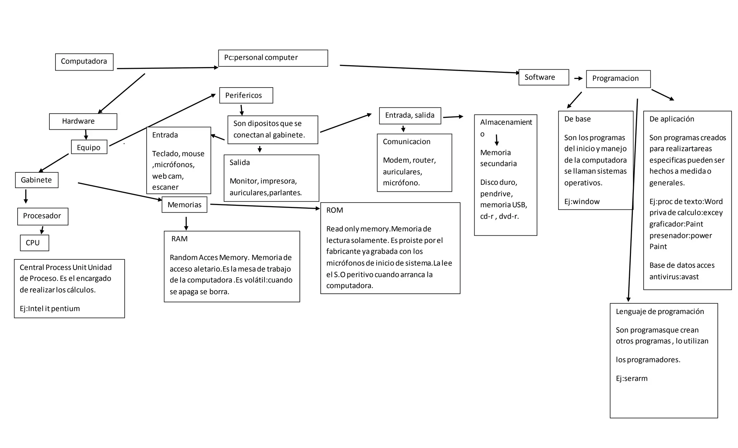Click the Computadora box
(84, 62)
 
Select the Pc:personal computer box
(273, 58)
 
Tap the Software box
(543, 77)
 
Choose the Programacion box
(618, 79)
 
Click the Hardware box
(83, 121)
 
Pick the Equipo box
(89, 147)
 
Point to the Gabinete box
(36, 180)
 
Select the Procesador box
(43, 216)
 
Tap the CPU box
(34, 243)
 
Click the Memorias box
(184, 205)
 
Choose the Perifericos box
(246, 95)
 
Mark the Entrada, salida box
(410, 115)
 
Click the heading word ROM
(334, 210)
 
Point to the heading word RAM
(179, 239)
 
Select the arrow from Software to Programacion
(578, 78)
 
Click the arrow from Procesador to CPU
(42, 230)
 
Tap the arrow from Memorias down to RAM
(186, 223)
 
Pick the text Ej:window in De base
(582, 201)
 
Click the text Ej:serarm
(631, 378)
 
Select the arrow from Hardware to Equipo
(86, 134)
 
